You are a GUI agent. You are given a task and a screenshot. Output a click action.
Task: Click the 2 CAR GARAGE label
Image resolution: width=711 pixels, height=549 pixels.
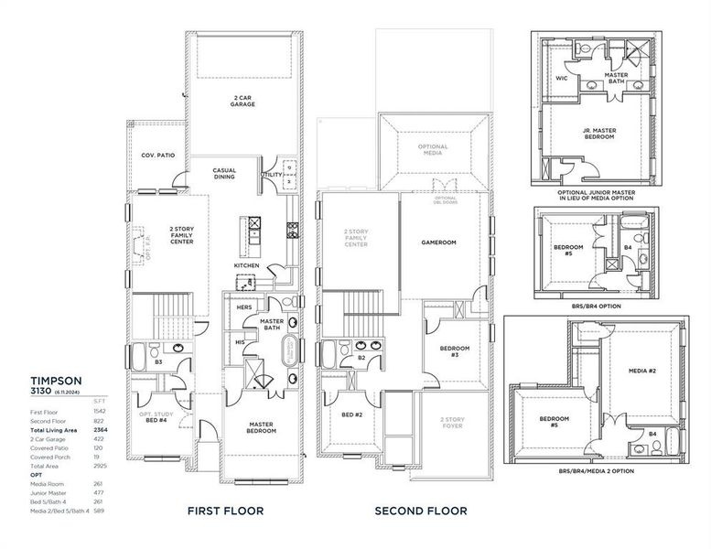[x=242, y=101]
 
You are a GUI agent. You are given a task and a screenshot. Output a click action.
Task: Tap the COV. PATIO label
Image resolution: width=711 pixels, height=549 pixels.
[x=158, y=156]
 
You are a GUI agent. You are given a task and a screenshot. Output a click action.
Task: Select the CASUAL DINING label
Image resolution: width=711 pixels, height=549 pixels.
[x=224, y=173]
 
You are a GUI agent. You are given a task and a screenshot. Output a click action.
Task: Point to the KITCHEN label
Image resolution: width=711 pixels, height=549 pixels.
[x=247, y=265]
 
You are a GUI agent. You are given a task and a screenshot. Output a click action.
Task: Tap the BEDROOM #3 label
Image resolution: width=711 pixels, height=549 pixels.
[x=455, y=350]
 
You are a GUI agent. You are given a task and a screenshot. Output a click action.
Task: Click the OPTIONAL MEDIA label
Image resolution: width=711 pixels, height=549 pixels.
[x=433, y=151]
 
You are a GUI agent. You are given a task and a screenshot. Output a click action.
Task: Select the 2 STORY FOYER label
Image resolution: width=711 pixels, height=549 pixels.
[x=455, y=423]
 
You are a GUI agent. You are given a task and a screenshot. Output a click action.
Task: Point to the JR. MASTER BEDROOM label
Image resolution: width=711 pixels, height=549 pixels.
[x=599, y=134]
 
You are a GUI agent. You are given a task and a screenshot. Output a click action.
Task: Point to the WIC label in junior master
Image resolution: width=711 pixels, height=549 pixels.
[x=562, y=79]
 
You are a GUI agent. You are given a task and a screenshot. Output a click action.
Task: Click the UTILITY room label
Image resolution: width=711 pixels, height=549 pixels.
[x=272, y=173]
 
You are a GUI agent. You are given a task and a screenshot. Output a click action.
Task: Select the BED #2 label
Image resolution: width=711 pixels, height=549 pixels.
[x=351, y=414]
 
